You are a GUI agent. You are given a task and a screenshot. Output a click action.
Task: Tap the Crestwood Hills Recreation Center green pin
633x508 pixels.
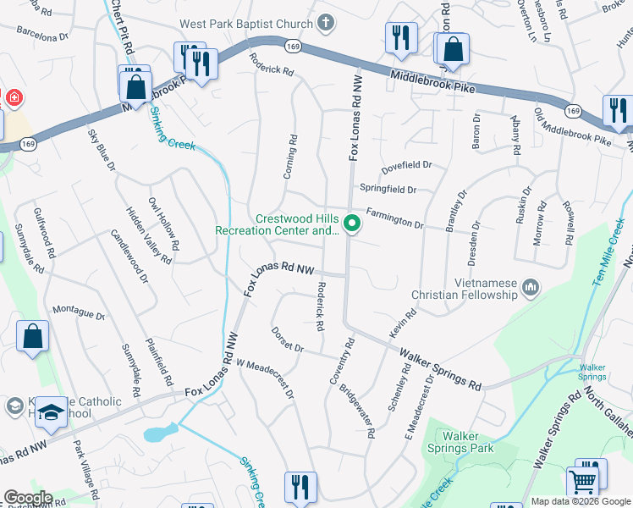[x=352, y=224]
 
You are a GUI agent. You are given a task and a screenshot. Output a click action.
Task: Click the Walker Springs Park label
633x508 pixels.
[x=460, y=442]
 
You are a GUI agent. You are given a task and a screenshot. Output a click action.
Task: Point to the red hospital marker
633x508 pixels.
[x=14, y=98]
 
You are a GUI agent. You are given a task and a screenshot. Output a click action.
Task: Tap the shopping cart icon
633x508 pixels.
[x=582, y=482]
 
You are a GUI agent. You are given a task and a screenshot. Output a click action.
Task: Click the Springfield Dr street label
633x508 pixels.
[x=388, y=189]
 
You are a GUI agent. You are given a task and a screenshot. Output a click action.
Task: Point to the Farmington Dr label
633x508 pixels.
[x=394, y=218]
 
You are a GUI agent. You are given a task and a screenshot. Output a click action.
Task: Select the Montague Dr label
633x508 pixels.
[x=79, y=313]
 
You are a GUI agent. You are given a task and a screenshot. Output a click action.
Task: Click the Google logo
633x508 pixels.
[x=28, y=498]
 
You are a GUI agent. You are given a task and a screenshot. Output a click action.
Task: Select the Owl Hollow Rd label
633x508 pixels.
[x=163, y=223]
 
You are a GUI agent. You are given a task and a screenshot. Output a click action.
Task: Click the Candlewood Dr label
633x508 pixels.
[x=129, y=255]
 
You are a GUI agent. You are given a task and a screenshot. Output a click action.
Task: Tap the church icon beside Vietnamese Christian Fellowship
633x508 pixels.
[x=531, y=289]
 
